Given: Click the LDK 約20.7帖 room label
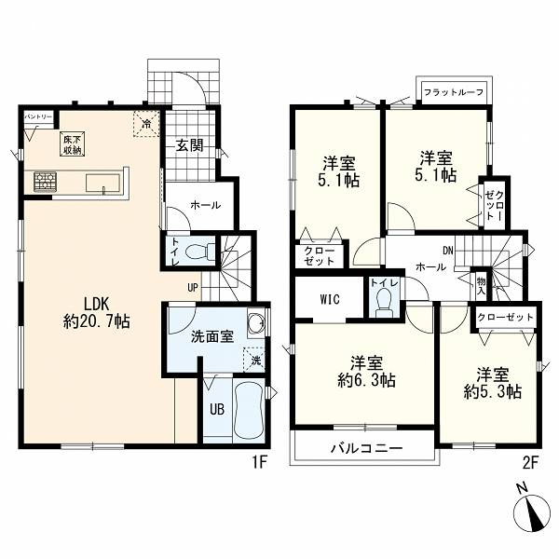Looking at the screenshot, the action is [96, 313].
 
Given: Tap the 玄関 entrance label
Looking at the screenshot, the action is [190, 145].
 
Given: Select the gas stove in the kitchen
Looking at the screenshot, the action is [46, 182].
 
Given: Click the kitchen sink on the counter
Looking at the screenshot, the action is [103, 184].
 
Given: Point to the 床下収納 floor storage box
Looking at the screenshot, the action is [72, 144].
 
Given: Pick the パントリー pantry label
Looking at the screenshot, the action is [39, 116].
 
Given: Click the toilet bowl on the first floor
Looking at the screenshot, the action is [200, 252].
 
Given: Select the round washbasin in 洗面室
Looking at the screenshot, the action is [255, 320].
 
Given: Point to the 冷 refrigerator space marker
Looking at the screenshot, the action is [146, 124].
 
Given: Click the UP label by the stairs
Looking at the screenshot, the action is [193, 288].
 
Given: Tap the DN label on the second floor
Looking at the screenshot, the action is [448, 251].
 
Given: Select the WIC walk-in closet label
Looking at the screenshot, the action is [330, 299].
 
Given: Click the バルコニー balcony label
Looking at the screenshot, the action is [366, 448].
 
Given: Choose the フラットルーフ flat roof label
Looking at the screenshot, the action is [454, 92].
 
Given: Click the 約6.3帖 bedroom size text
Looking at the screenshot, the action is [366, 380].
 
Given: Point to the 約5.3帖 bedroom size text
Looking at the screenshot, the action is [493, 392].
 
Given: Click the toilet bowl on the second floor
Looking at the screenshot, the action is [384, 300].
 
